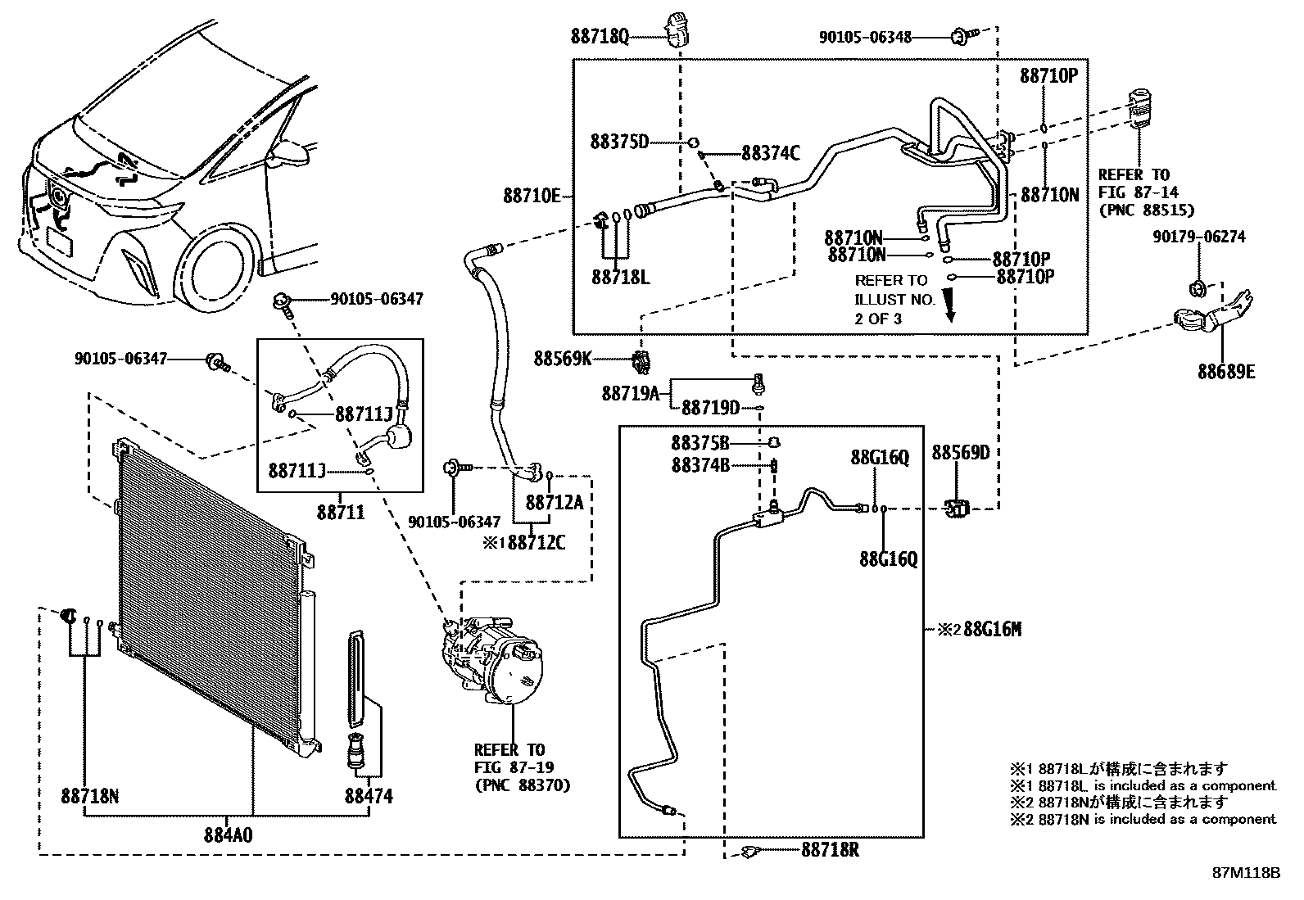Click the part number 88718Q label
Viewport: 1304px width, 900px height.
point(600,37)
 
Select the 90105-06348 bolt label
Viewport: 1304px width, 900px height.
point(865,37)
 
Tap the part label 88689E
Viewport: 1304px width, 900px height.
point(1226,372)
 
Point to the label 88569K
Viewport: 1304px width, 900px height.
point(563,359)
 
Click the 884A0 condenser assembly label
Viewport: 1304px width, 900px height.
point(229,835)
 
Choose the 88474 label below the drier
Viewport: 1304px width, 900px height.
point(369,796)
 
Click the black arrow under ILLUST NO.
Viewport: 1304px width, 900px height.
point(950,306)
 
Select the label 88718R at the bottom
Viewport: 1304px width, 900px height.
point(830,850)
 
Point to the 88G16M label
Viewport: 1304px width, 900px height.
point(993,629)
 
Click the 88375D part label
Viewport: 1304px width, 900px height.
point(619,142)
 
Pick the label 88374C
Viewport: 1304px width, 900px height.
point(771,153)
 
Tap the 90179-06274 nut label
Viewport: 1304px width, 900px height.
point(1199,237)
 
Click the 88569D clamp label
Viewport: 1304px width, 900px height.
point(961,452)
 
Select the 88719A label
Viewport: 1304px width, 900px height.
point(631,394)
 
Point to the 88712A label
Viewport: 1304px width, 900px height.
point(555,502)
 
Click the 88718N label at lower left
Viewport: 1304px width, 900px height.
point(89,796)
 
